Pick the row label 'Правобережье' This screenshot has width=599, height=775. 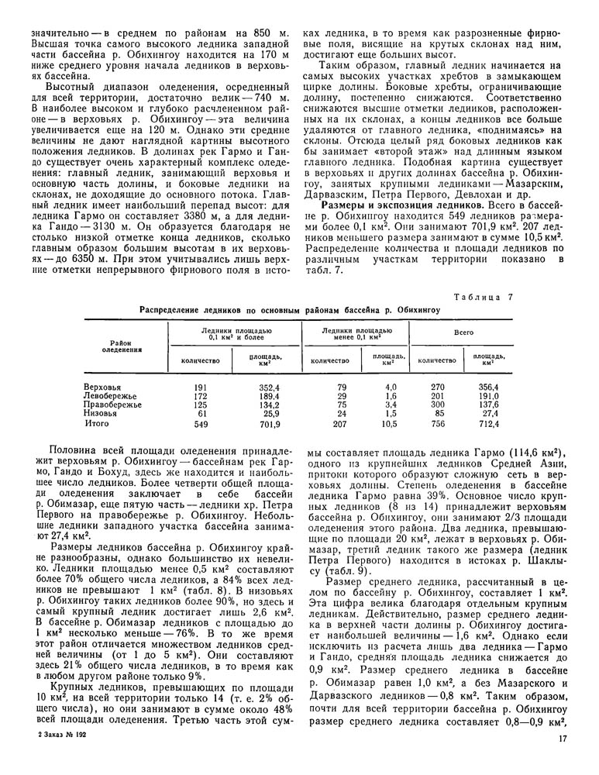pos(112,405)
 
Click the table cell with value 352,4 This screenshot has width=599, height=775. pos(268,386)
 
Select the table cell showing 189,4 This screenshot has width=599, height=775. pos(268,395)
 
